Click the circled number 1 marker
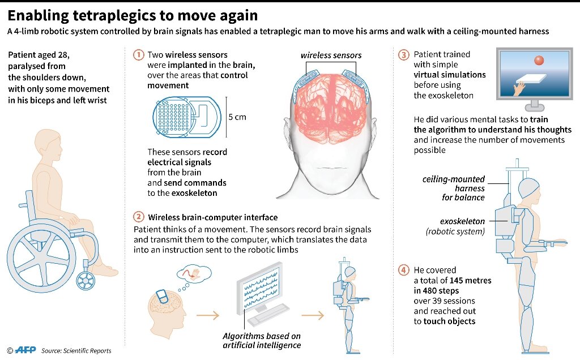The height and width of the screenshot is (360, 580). coord(138,55)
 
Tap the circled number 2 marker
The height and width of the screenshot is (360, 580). coord(138,217)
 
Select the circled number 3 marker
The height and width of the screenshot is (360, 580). coord(403,55)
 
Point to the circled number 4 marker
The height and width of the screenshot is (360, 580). coord(403,270)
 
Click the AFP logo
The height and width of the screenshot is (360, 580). coord(25,350)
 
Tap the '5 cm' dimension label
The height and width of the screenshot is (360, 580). coord(237,117)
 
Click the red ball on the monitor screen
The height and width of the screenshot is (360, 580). coord(539,60)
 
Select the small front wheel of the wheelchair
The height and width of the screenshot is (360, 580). coord(86,281)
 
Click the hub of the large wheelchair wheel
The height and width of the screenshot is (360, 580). coord(41,257)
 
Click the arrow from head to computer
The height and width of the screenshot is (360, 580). coord(207,315)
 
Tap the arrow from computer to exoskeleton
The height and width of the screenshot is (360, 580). coord(313,315)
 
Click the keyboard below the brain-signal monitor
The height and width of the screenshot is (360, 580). coord(268,315)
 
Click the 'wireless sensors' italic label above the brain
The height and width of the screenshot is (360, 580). coord(331,55)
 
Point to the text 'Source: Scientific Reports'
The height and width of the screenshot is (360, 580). coord(76,351)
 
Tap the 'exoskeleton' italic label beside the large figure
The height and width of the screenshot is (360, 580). coord(462,221)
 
